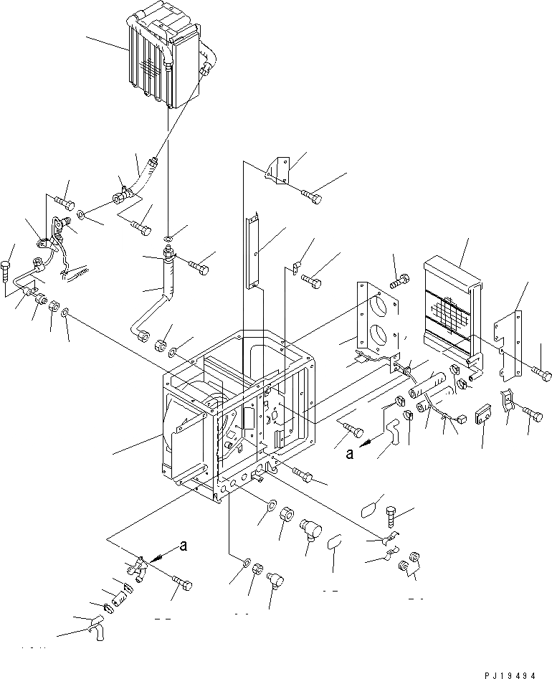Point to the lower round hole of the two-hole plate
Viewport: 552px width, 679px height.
pyautogui.click(x=376, y=336)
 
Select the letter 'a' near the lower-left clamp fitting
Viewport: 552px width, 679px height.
pyautogui.click(x=184, y=544)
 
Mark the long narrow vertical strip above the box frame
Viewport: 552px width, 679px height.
pyautogui.click(x=253, y=247)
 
